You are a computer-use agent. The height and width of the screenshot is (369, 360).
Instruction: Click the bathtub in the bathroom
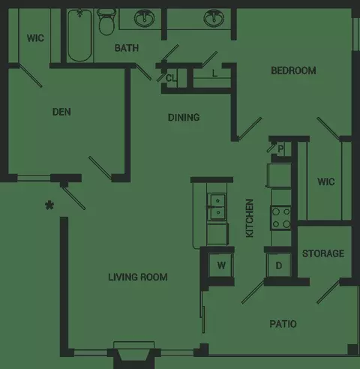[x=79, y=35]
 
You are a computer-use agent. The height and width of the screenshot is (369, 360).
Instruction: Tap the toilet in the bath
[x=106, y=22]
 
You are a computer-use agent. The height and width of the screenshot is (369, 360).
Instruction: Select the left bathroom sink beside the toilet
[x=144, y=18]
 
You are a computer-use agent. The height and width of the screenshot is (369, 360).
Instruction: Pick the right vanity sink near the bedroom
[x=214, y=18]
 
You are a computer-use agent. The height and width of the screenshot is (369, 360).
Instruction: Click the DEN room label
[x=61, y=112]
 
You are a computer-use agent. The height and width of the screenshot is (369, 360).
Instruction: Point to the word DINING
[x=184, y=118]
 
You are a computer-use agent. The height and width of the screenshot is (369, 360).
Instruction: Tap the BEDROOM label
[x=293, y=70]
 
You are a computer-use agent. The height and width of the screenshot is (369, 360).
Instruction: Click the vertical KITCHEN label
[x=250, y=218]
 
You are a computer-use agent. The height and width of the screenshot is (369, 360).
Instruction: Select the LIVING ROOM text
[x=138, y=277]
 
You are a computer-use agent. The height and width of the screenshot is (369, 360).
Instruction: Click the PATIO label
[x=283, y=324]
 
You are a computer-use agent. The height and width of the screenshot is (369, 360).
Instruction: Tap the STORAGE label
[x=323, y=253]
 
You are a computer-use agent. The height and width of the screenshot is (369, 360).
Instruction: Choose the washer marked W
[x=221, y=265]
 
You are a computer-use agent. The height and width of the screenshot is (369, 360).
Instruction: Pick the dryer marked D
[x=279, y=265]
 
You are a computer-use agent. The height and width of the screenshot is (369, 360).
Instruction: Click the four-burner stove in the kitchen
[x=280, y=218]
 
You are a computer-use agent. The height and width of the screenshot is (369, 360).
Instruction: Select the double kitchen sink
[x=217, y=207]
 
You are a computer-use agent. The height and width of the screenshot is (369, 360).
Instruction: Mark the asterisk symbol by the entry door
[x=49, y=205]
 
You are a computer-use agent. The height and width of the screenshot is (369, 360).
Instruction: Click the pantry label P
[x=280, y=149]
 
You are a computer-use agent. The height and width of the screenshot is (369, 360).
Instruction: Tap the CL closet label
[x=171, y=78]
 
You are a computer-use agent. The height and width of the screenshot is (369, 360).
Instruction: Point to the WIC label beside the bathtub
[x=35, y=38]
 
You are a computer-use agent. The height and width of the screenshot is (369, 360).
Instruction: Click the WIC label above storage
[x=326, y=181]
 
